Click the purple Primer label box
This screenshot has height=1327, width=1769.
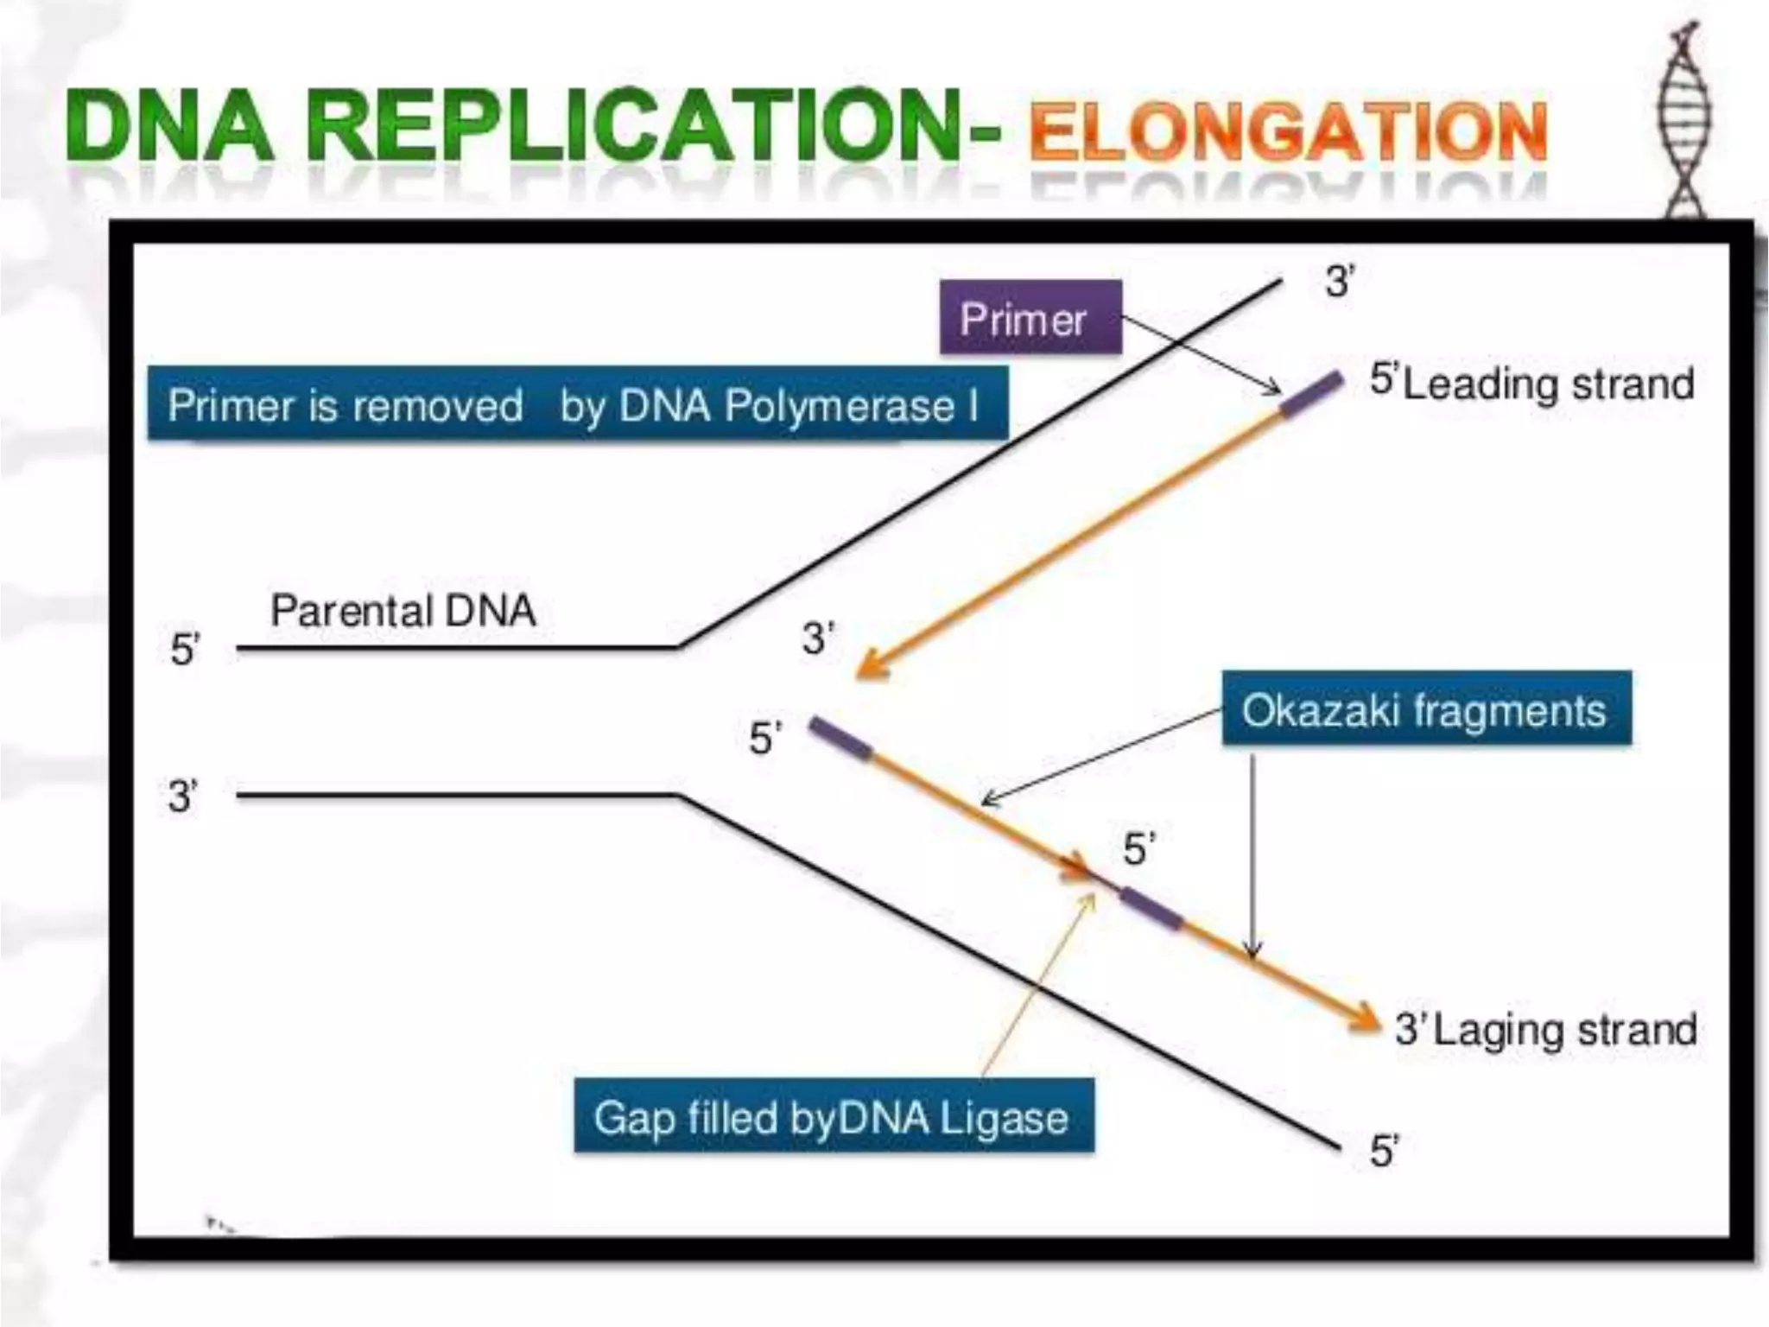pyautogui.click(x=1030, y=318)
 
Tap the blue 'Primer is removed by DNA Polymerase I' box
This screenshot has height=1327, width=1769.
pyautogui.click(x=577, y=404)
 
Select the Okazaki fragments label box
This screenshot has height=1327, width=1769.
pyautogui.click(x=1426, y=709)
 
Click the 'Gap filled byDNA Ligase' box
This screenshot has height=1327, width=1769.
pyautogui.click(x=834, y=1116)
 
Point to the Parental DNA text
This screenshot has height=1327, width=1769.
pyautogui.click(x=403, y=611)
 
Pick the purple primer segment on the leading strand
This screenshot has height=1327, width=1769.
pyautogui.click(x=1311, y=394)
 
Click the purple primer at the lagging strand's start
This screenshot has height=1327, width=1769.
pyautogui.click(x=840, y=740)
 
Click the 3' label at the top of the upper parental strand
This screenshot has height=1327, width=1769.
pyautogui.click(x=1340, y=282)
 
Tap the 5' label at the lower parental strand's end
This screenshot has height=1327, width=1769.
pyautogui.click(x=1384, y=1152)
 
